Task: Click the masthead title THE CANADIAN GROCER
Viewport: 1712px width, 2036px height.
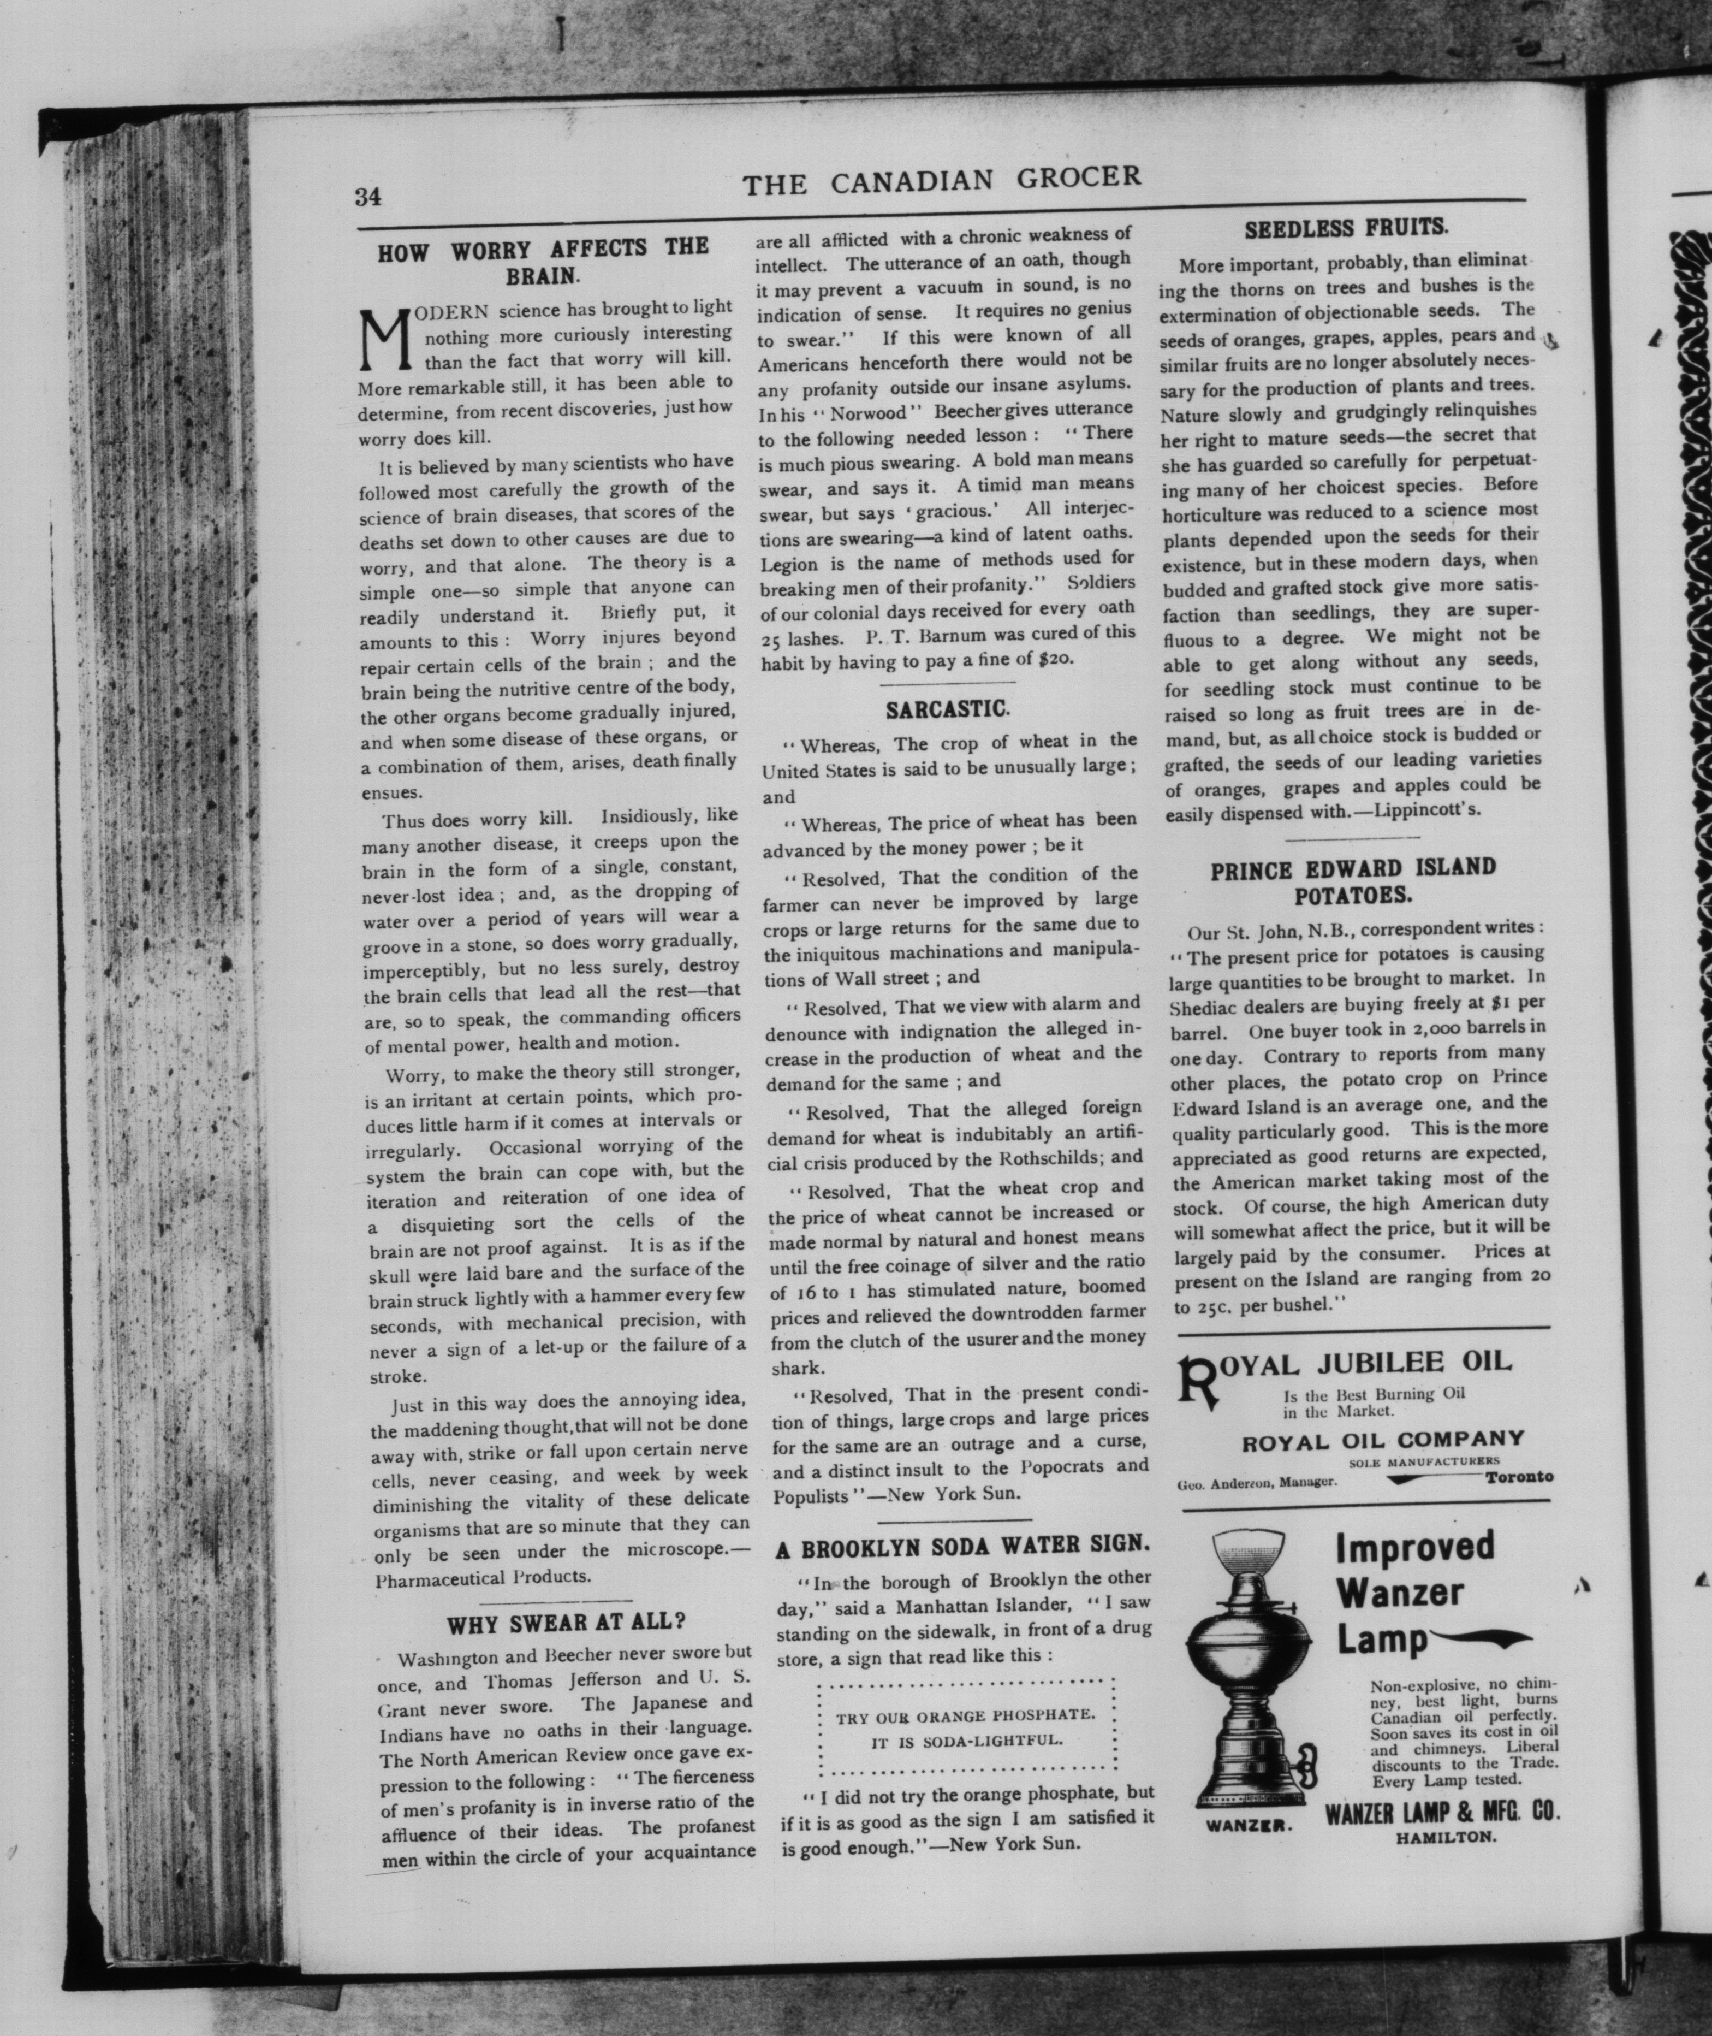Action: click(941, 181)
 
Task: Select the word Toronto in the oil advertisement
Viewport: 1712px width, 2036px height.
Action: click(1518, 1477)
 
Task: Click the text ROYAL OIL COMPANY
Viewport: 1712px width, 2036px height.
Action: click(1383, 1440)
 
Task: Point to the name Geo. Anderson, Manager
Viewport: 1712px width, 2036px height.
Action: click(1257, 1483)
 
